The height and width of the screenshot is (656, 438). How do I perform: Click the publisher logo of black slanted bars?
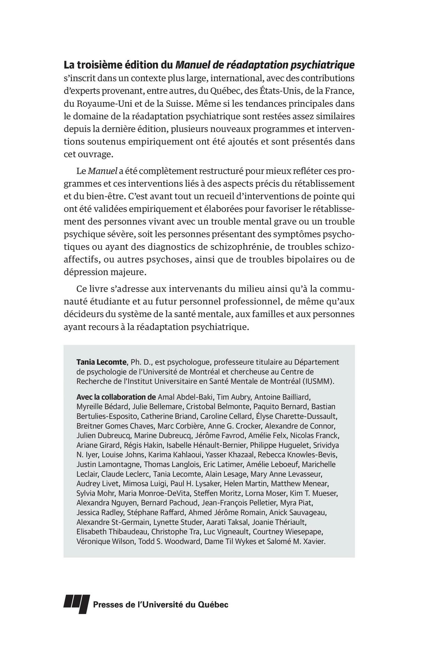(77, 604)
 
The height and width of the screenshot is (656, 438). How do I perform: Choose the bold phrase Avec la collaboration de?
(116, 397)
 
